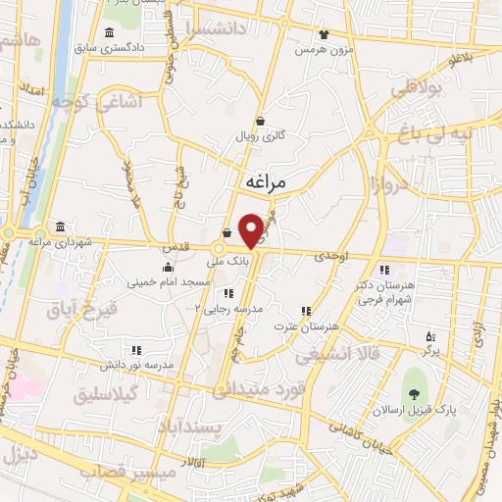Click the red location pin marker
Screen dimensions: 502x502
click(252, 229)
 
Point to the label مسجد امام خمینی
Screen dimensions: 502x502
click(168, 281)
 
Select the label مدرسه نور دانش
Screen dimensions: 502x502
click(137, 365)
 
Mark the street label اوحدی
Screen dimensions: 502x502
click(331, 255)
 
